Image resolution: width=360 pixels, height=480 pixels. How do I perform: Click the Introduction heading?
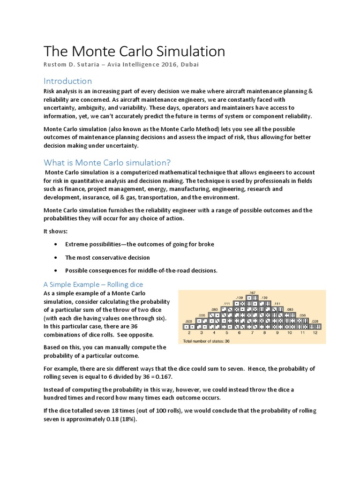(x=67, y=81)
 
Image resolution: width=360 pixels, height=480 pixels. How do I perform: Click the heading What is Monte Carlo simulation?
(x=107, y=163)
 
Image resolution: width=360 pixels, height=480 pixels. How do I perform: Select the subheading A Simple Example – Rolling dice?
(x=93, y=285)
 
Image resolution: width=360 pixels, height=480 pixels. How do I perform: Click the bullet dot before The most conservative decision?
(x=56, y=258)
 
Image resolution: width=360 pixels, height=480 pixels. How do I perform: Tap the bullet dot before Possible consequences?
(x=56, y=270)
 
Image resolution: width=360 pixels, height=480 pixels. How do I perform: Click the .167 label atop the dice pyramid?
(x=252, y=292)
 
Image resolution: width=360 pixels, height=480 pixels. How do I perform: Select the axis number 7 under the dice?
(x=252, y=332)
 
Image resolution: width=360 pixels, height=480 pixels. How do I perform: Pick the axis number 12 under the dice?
(x=315, y=332)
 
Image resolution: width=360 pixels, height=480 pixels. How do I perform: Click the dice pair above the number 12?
(x=315, y=326)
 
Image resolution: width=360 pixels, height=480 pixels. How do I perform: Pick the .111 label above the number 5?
(x=227, y=303)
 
